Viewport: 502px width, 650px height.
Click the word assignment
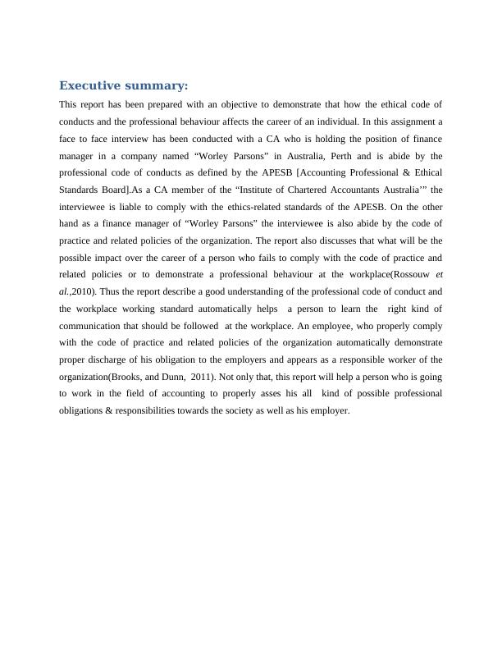(414, 121)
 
